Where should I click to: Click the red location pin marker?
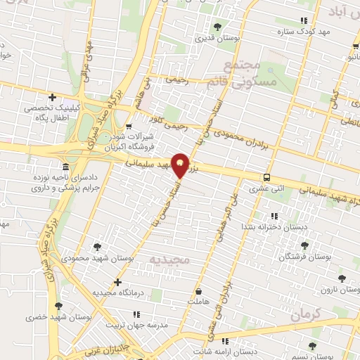181,165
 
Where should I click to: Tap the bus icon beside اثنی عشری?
266,177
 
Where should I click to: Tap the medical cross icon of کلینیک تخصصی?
52,97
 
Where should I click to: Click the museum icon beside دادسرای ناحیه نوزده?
65,167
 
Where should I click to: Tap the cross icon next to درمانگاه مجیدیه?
117,281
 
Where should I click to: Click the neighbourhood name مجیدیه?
169,260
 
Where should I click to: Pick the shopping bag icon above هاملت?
199,290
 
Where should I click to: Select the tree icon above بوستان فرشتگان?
304,245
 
